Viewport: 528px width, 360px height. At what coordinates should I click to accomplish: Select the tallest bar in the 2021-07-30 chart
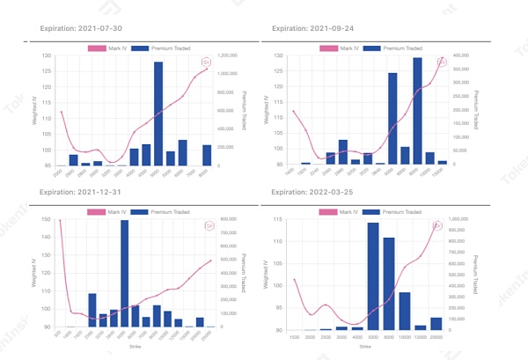[x=158, y=114]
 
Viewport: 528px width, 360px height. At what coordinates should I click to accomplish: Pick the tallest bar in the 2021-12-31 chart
[x=124, y=274]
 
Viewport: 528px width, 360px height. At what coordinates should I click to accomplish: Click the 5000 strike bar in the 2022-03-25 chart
[x=373, y=276]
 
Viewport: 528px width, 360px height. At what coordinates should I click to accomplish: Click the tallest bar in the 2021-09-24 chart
[x=417, y=111]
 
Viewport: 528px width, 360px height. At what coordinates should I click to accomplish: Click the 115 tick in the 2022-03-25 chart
[x=279, y=217]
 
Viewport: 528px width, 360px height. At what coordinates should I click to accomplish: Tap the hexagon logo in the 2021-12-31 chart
[x=209, y=225]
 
